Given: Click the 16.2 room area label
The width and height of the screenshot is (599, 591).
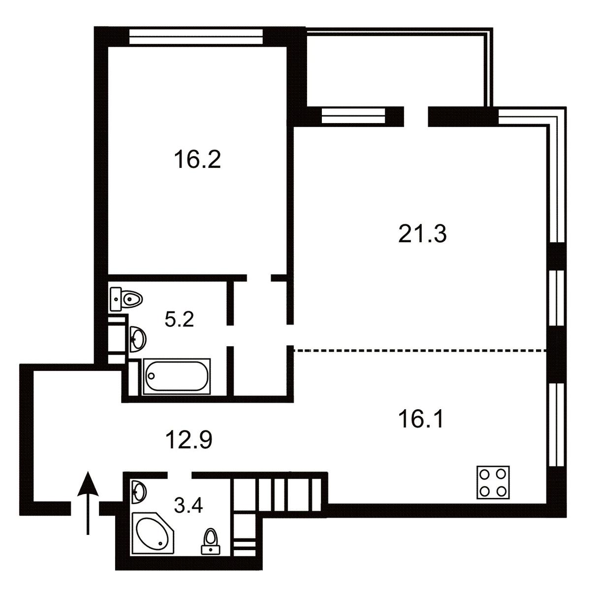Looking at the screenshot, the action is coord(197,159).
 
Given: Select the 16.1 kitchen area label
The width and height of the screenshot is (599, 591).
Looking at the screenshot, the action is coord(422,419).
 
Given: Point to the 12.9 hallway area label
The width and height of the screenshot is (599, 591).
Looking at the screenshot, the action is coord(189,440).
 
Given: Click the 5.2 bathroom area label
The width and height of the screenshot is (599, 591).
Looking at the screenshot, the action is coord(179,320).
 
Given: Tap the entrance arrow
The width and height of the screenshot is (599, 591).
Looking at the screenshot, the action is coord(88,503).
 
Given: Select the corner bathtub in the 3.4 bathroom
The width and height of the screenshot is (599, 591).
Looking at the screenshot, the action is coord(153,533).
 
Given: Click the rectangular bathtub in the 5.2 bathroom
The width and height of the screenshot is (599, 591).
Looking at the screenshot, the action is coord(176,376).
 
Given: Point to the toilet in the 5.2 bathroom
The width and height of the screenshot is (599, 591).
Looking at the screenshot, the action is coord(126,299).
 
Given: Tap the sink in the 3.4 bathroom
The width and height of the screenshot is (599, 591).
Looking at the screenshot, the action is coord(139,492).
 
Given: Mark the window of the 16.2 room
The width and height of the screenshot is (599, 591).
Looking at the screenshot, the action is coord(196,37).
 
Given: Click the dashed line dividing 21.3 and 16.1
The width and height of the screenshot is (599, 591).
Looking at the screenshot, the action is coord(420,351).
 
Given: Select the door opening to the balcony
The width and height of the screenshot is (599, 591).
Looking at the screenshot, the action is coord(416,117).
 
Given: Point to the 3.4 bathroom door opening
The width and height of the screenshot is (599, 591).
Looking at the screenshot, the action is coord(179,475).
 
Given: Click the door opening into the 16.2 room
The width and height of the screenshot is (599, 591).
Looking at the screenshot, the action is coord(259,278).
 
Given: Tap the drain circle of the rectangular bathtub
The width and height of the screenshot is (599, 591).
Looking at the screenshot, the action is coord(152,376).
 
